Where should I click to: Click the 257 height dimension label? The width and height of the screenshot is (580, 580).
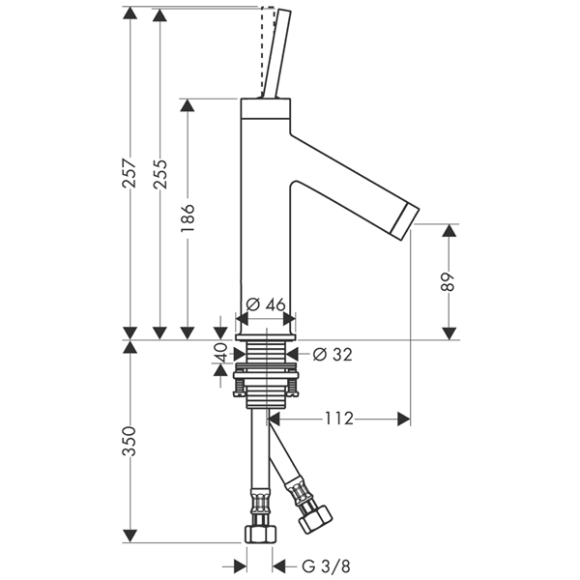(x=130, y=173)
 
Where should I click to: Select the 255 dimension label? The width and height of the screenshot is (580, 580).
(x=160, y=174)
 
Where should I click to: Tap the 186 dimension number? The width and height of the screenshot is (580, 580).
(x=188, y=218)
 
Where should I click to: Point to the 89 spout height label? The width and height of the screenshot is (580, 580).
(x=449, y=282)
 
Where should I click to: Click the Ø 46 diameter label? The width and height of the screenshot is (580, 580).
(x=266, y=304)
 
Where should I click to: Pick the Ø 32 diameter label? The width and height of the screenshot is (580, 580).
(x=333, y=355)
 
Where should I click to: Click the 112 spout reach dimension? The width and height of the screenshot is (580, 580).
(x=339, y=419)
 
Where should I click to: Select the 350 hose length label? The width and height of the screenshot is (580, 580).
(x=130, y=441)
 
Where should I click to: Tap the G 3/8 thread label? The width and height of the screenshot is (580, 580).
(x=326, y=565)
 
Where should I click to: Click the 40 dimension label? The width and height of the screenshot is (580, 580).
(x=220, y=352)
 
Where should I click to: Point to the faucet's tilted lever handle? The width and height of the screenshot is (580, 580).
(x=276, y=53)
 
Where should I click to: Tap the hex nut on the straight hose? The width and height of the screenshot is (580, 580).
(x=261, y=534)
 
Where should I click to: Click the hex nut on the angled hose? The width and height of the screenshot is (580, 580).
(x=315, y=519)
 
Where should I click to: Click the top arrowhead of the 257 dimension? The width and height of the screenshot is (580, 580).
(x=130, y=13)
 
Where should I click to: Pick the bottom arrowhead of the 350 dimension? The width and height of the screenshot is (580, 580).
(x=130, y=536)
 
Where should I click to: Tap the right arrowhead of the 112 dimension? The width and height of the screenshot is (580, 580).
(x=403, y=419)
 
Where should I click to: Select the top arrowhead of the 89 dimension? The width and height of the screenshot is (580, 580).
(x=449, y=230)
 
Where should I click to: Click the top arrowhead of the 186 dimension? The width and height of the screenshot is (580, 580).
(x=188, y=105)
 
